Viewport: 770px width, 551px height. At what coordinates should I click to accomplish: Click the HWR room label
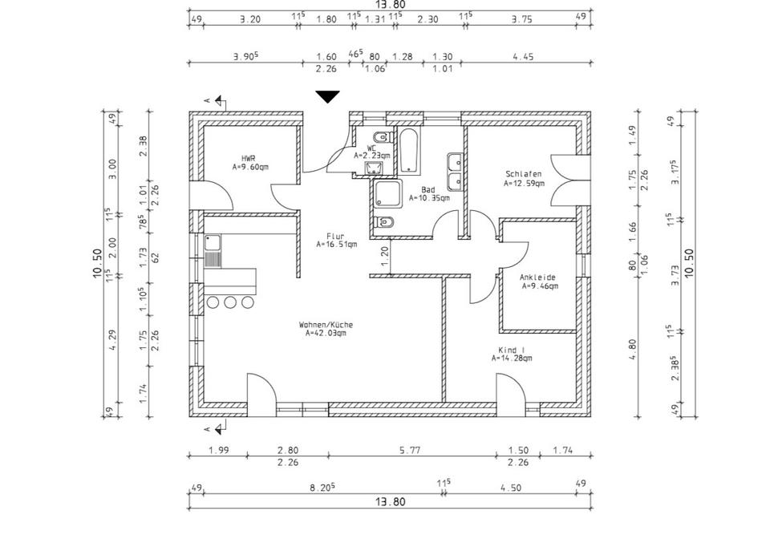(248, 159)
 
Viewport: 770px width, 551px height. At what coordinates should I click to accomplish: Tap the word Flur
(335, 236)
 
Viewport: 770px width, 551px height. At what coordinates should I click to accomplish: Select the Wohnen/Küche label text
(326, 325)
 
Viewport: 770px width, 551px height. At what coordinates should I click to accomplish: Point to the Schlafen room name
(523, 174)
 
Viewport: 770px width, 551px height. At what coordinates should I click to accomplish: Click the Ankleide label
(538, 277)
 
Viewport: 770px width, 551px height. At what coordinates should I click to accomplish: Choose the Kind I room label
(511, 350)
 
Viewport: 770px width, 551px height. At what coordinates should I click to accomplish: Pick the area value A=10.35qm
(429, 197)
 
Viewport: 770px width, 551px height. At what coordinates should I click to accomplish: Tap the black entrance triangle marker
(327, 97)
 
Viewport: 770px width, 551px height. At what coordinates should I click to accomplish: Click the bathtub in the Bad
(409, 150)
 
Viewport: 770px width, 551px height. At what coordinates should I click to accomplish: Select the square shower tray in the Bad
(388, 195)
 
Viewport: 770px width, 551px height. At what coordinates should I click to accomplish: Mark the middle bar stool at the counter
(231, 302)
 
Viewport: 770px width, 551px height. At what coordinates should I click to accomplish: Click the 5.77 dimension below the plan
(410, 451)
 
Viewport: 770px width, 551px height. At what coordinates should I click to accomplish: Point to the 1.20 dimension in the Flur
(384, 255)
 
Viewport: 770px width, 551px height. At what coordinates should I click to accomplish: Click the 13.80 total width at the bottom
(390, 501)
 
